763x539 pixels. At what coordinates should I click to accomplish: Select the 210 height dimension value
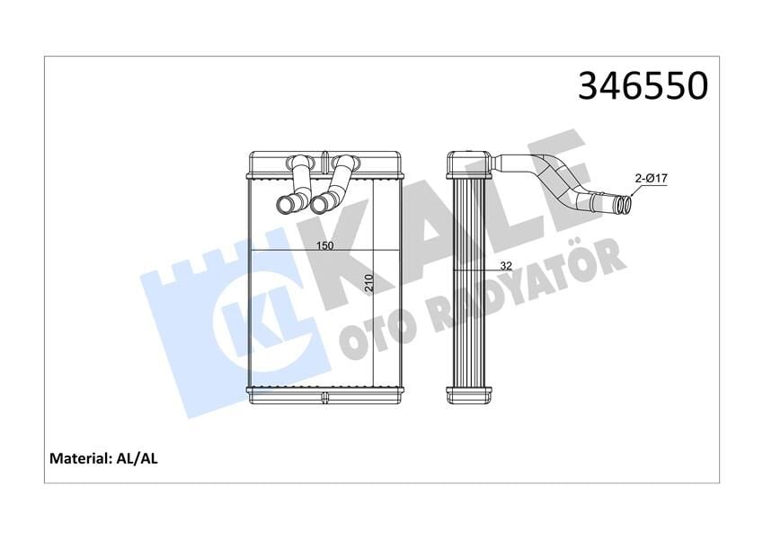tap(369, 285)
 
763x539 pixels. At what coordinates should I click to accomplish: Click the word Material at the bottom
tap(79, 458)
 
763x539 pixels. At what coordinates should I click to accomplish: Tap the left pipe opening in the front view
tap(287, 206)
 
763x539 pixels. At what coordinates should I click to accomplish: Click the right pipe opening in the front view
tap(319, 206)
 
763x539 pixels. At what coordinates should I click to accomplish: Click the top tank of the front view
tap(325, 165)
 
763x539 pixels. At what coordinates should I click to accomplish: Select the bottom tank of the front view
tap(325, 393)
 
